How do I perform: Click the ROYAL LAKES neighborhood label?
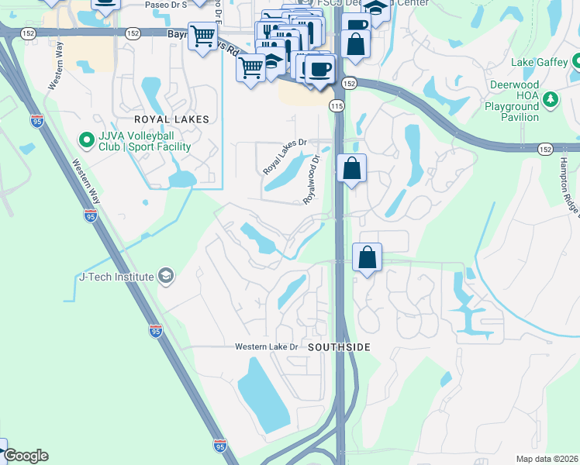(x=171, y=119)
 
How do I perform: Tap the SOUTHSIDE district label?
(x=340, y=347)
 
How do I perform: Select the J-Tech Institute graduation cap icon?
(x=165, y=276)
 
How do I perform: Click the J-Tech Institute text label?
(x=116, y=277)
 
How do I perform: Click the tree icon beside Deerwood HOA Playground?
(x=551, y=98)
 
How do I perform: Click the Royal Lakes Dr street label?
(x=285, y=156)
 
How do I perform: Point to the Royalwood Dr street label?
(x=312, y=179)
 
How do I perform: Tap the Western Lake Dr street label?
(x=267, y=346)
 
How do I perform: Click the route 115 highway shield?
(x=337, y=105)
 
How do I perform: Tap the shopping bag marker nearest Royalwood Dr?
(x=351, y=167)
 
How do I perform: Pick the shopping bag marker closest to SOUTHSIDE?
(x=367, y=257)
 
